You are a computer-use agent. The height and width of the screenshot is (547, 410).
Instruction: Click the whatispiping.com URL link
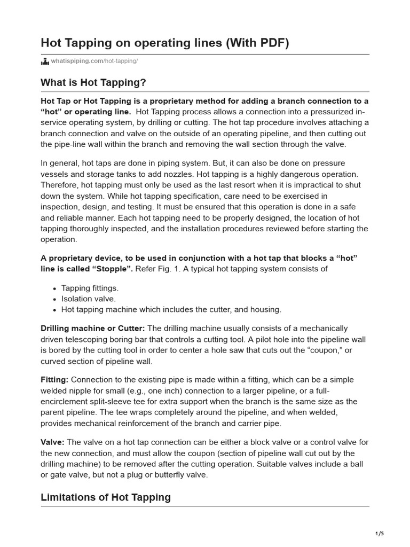click(x=94, y=62)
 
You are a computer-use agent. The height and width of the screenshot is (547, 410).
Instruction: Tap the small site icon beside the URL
click(x=45, y=62)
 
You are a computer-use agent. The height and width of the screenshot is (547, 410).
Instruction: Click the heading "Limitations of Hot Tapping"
click(x=106, y=497)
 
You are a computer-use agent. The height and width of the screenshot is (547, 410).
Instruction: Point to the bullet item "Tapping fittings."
click(x=90, y=288)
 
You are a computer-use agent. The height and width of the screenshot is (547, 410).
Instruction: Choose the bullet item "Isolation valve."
click(x=88, y=299)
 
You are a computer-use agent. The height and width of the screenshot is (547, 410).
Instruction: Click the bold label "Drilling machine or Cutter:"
click(x=92, y=328)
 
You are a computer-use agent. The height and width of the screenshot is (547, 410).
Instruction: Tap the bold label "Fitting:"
click(x=54, y=379)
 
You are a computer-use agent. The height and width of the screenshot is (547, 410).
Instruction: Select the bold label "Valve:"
click(x=53, y=442)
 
